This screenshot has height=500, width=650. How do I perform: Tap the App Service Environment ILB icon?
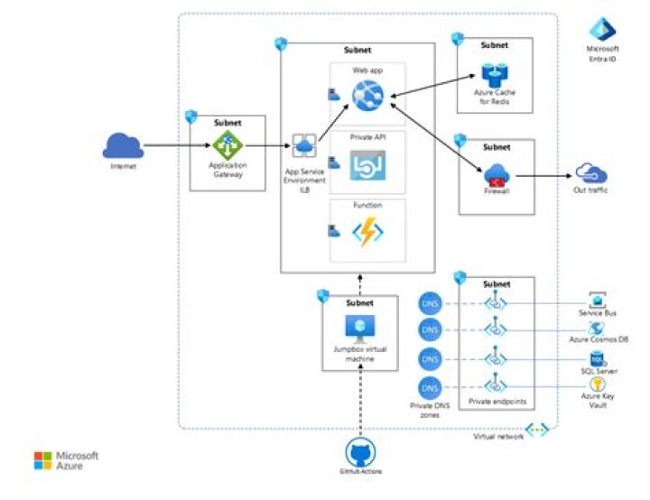304,144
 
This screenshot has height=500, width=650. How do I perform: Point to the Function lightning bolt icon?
368,231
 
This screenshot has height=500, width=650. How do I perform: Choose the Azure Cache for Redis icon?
495,76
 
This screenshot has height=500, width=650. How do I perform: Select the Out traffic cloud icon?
591,173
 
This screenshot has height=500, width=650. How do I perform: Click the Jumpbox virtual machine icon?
360,327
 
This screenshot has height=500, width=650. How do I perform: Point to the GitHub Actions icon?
360,451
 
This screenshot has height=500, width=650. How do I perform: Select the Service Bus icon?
597,300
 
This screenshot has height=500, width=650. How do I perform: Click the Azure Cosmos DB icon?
597,328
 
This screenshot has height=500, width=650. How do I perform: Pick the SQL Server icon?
597,358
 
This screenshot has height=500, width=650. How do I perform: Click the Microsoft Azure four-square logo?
43,460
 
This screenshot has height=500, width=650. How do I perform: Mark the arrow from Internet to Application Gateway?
166,144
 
